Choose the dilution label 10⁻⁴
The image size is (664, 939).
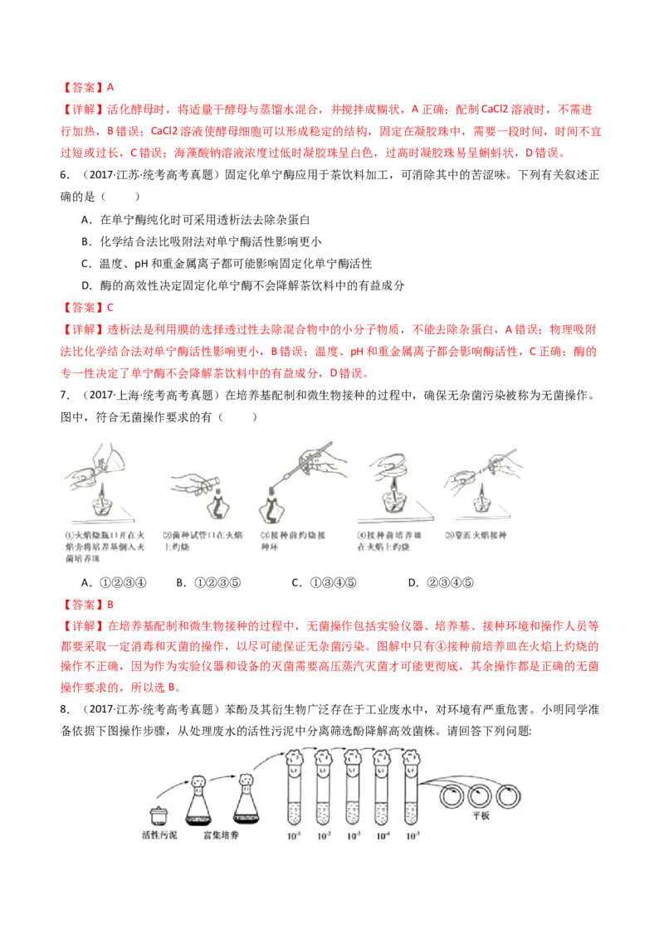(x=383, y=835)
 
